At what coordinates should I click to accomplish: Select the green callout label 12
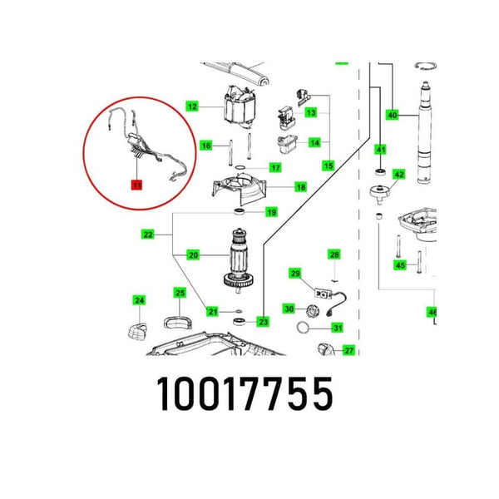192,106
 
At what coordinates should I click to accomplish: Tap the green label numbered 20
193,255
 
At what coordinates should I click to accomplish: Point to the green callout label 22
148,235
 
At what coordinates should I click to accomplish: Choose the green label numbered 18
277,187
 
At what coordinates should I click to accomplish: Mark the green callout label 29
294,273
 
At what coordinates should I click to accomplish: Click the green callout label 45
400,265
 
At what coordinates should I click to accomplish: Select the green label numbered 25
180,292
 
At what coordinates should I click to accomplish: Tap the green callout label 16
207,146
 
